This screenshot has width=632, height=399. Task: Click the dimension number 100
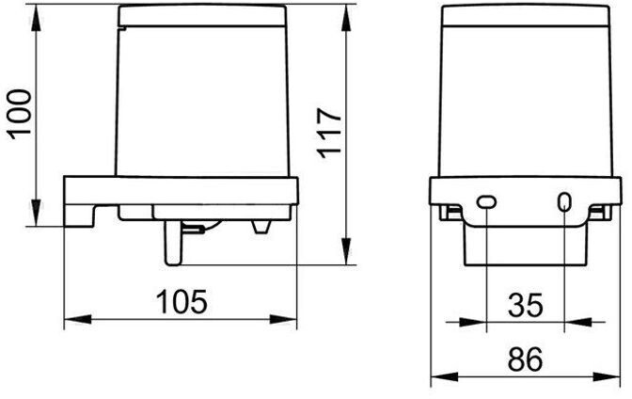pyautogui.click(x=20, y=115)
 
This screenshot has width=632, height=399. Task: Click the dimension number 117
pyautogui.click(x=329, y=133)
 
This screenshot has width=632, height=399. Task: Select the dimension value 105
pyautogui.click(x=182, y=301)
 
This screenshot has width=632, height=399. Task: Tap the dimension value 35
pyautogui.click(x=526, y=305)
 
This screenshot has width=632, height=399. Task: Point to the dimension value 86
pyautogui.click(x=526, y=359)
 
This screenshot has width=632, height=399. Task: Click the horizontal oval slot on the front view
pyautogui.click(x=486, y=201)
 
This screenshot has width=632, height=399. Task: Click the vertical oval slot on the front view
pyautogui.click(x=564, y=202)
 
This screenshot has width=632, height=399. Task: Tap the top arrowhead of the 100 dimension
pyautogui.click(x=37, y=18)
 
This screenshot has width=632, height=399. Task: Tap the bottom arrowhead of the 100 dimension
pyautogui.click(x=37, y=213)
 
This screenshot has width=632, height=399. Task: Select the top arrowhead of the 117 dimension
pyautogui.click(x=346, y=18)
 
